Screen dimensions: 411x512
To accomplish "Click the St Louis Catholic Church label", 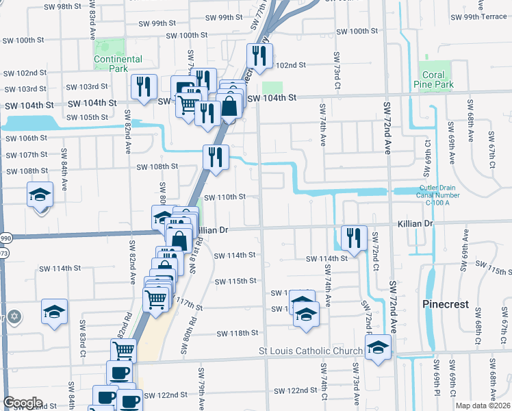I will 310,351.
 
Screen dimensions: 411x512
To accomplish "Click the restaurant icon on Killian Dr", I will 354,238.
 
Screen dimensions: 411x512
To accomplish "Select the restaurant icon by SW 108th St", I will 215,156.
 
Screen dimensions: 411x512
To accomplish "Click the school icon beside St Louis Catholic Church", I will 377,347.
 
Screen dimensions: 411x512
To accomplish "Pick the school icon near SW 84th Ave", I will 40,195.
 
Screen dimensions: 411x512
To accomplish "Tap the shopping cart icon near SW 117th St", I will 156,299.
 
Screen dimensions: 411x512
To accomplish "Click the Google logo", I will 23,403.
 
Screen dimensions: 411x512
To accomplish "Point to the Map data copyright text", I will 483,406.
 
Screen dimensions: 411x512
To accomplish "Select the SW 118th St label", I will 238,334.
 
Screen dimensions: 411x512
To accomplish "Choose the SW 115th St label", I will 235,282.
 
